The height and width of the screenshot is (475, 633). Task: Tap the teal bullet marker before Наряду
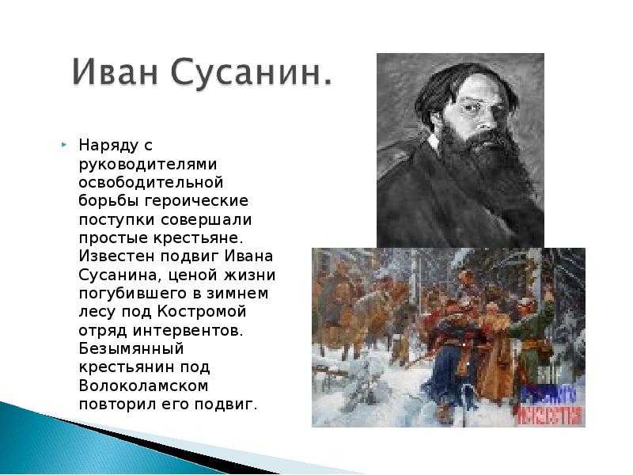pyautogui.click(x=63, y=144)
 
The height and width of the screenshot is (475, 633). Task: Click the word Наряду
pyautogui.click(x=108, y=146)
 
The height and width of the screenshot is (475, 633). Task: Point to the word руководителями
pyautogui.click(x=148, y=165)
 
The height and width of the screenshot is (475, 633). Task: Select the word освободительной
pyautogui.click(x=151, y=183)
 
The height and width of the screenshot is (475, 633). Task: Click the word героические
pyautogui.click(x=196, y=202)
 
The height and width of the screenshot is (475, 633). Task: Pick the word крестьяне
pyautogui.click(x=199, y=238)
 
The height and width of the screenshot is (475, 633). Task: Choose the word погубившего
pyautogui.click(x=133, y=294)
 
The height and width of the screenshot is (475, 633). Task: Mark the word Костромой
pyautogui.click(x=201, y=313)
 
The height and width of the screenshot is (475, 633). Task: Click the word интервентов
pyautogui.click(x=188, y=331)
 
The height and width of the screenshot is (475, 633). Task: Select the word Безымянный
pyautogui.click(x=131, y=349)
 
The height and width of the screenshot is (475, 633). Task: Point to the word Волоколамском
pyautogui.click(x=143, y=386)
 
